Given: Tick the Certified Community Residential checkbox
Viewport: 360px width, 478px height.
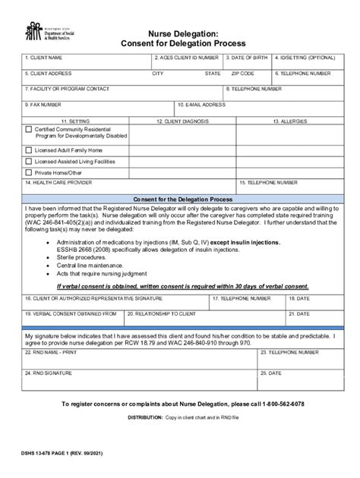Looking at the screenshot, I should (29, 130).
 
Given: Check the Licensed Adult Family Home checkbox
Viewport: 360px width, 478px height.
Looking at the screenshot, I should (29, 150).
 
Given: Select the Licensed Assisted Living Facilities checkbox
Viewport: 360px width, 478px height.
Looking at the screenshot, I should (29, 162).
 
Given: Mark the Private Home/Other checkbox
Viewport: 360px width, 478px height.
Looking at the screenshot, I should (29, 173).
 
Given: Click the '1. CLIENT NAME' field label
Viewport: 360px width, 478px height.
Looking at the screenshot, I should (43, 58).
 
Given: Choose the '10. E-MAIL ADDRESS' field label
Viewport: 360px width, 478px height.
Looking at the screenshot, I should (203, 104).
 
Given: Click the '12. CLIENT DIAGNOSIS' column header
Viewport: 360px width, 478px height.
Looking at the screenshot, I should (182, 120).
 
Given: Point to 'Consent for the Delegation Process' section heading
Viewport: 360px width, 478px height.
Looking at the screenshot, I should (179, 198).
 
